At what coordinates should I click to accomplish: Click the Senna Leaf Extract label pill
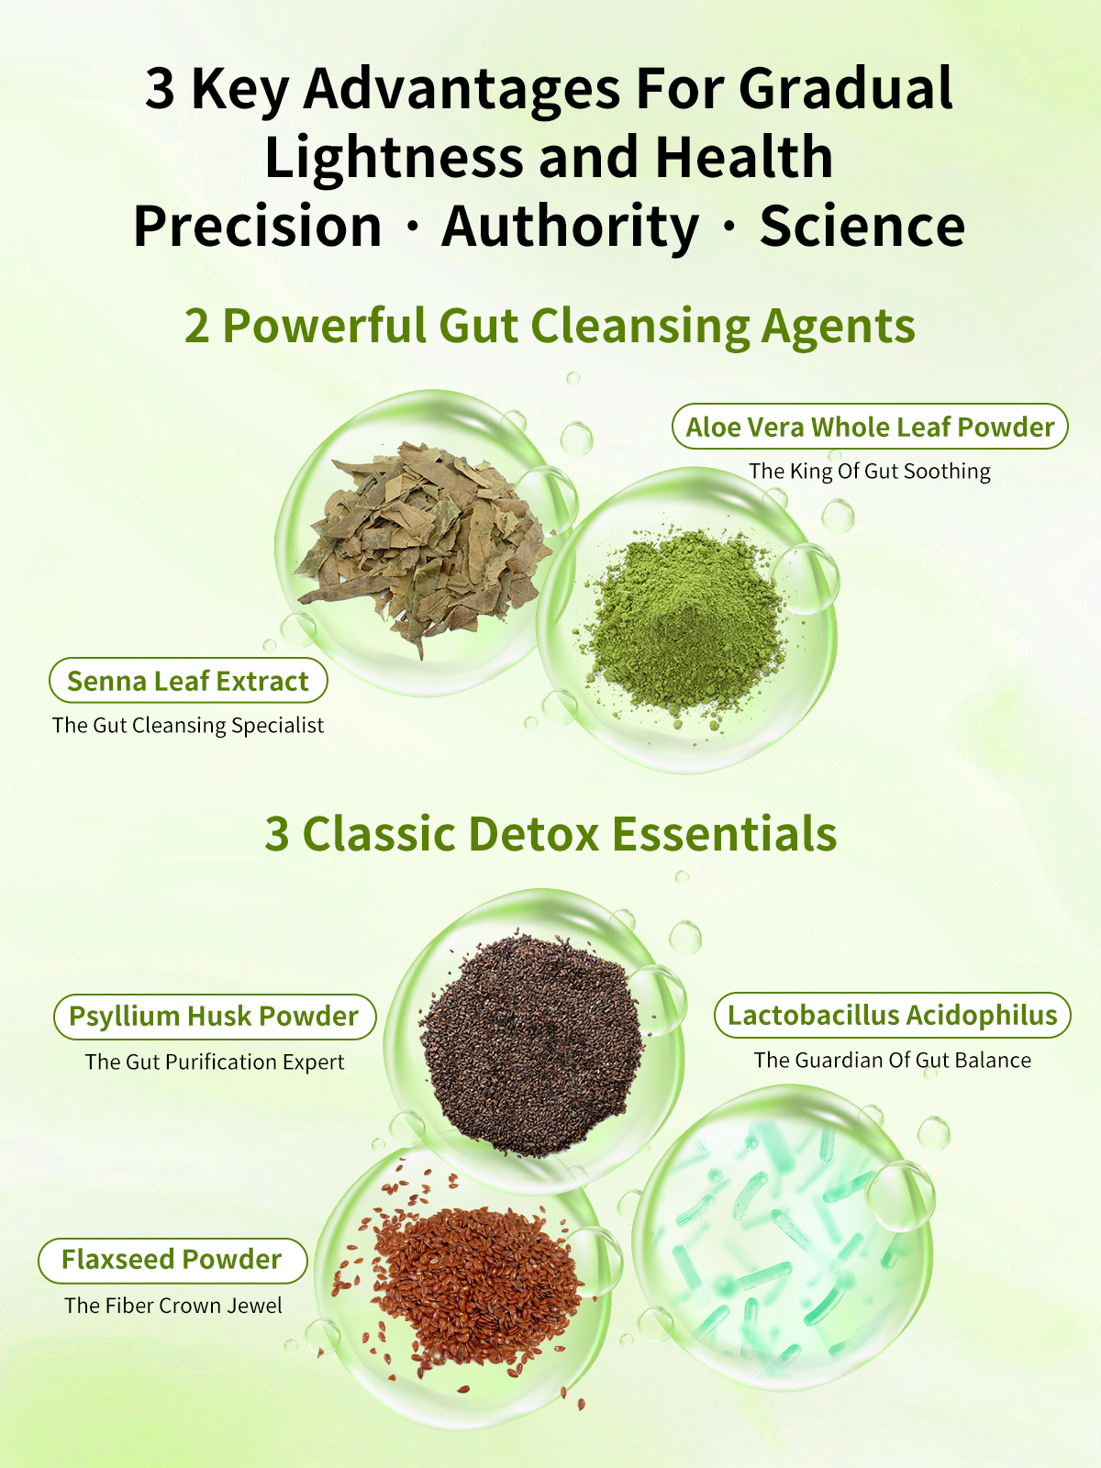pos(188,680)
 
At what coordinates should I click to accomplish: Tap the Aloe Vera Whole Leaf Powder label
pos(870,427)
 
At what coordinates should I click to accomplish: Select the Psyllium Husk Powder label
pos(214,1016)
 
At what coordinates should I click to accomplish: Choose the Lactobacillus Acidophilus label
pos(892,1015)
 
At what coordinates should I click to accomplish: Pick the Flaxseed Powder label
pos(172,1260)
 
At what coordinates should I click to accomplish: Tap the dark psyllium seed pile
pos(531,1043)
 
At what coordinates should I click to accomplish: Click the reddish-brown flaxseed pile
pos(468,1284)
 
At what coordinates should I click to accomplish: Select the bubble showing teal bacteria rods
pos(781,1238)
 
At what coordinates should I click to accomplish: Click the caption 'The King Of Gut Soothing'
pos(869,472)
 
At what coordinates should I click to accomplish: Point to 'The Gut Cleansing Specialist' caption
pos(188,726)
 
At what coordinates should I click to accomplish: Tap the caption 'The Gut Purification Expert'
pos(214,1062)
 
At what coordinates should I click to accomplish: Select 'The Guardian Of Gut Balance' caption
pos(893,1060)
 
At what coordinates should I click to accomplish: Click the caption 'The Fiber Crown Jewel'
pos(173,1306)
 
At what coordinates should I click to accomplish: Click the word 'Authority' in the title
pos(570,228)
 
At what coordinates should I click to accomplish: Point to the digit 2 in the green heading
pos(196,327)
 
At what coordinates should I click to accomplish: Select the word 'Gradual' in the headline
pos(846,88)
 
